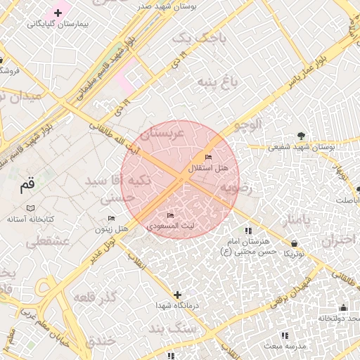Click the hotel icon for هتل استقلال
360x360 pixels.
(207, 156)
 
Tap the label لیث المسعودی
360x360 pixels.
(171, 226)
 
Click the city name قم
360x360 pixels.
(27, 186)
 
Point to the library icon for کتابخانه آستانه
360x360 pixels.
(30, 208)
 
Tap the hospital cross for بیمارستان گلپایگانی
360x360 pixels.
(58, 13)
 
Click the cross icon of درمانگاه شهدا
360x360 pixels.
(177, 295)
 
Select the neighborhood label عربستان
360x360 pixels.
(162, 132)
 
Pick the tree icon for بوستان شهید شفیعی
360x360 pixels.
(302, 136)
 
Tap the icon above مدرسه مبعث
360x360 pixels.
(285, 335)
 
